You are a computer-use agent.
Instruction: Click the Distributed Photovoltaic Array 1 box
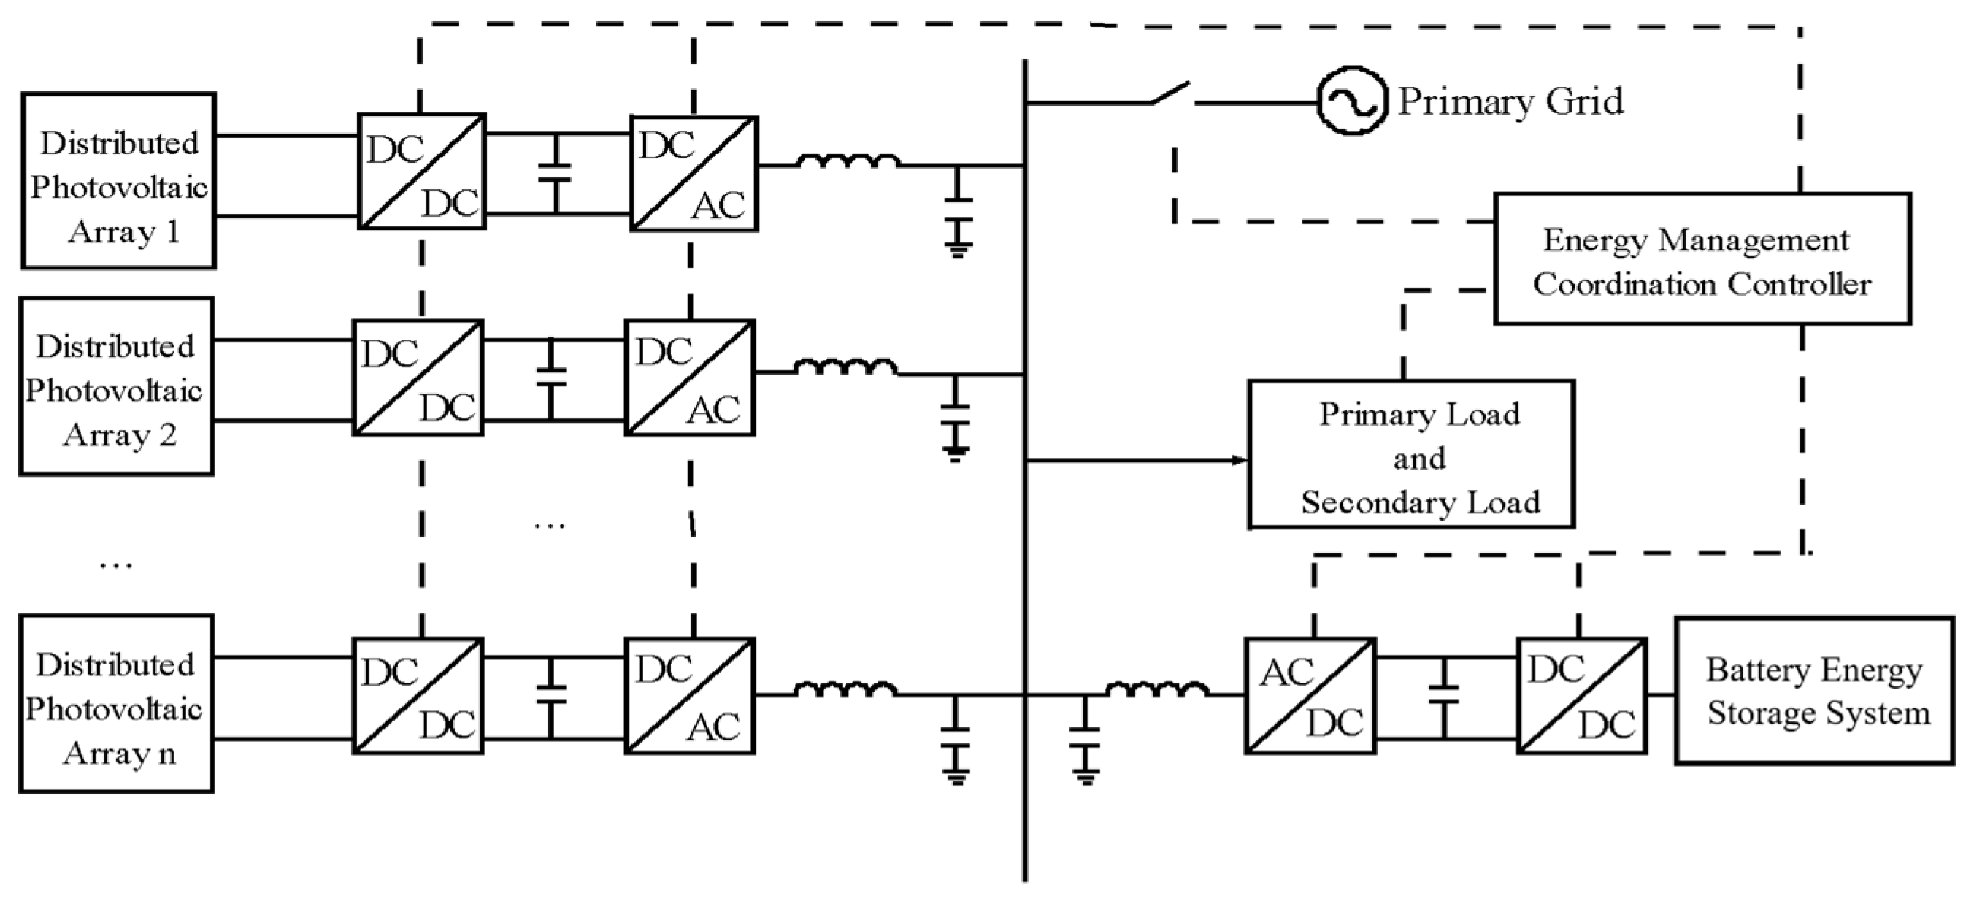click(119, 181)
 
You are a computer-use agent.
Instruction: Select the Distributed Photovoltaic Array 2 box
click(117, 386)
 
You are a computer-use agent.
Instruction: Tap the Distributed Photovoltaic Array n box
click(117, 703)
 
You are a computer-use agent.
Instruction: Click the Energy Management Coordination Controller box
click(1702, 259)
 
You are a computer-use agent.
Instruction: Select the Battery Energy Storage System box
click(1814, 691)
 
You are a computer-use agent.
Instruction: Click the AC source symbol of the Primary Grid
click(1352, 101)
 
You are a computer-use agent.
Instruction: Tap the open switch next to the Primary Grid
click(1171, 93)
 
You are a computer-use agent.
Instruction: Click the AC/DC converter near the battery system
click(1310, 696)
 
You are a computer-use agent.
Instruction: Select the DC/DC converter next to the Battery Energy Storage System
click(1582, 696)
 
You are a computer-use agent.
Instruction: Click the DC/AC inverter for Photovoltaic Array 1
click(694, 174)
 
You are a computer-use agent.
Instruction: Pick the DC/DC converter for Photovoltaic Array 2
click(418, 378)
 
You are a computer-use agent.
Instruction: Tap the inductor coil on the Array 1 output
click(848, 162)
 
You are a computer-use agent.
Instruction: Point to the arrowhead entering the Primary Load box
click(1238, 460)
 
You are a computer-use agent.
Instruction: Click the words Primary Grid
click(1510, 101)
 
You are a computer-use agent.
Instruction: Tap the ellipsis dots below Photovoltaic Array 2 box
click(117, 566)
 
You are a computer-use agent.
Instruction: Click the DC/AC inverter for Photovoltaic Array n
click(690, 696)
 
